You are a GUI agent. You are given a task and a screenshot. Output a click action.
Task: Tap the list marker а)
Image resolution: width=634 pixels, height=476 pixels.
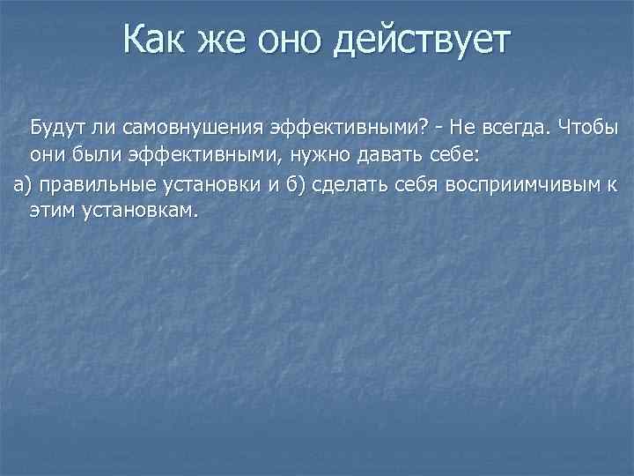click(x=20, y=184)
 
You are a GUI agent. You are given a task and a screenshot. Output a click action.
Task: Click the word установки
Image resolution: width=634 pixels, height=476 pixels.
click(x=204, y=184)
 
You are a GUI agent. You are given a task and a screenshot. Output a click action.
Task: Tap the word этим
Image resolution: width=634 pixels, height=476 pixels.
click(x=54, y=212)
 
